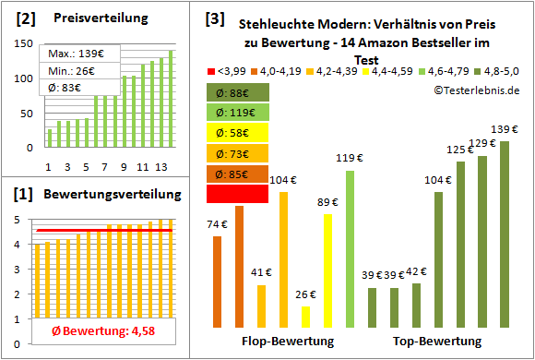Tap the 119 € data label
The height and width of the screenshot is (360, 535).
349,158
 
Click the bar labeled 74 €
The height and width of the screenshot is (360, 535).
217,282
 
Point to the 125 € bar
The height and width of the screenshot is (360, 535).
460,244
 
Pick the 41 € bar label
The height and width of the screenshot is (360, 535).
262,272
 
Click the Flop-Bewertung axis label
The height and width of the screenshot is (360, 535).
287,342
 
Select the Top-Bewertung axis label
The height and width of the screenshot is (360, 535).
437,342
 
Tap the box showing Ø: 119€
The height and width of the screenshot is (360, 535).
239,113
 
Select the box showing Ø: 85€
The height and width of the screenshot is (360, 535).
239,174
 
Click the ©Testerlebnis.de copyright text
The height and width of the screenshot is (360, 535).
475,90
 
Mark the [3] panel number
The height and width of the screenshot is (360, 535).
213,18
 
